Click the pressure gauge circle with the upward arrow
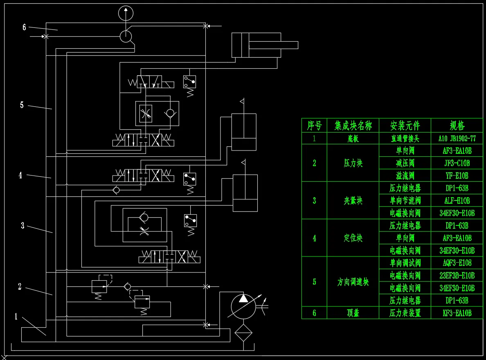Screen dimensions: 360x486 (126, 13)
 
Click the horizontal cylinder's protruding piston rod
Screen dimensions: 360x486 (290, 45)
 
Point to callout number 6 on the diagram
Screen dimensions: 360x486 (24, 27)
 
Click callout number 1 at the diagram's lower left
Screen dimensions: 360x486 (16, 316)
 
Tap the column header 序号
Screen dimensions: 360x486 (314, 125)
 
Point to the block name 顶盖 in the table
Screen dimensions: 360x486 (353, 313)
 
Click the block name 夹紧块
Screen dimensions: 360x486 (353, 200)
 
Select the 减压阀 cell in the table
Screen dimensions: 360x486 (405, 163)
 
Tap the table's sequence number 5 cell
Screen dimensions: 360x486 (314, 281)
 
